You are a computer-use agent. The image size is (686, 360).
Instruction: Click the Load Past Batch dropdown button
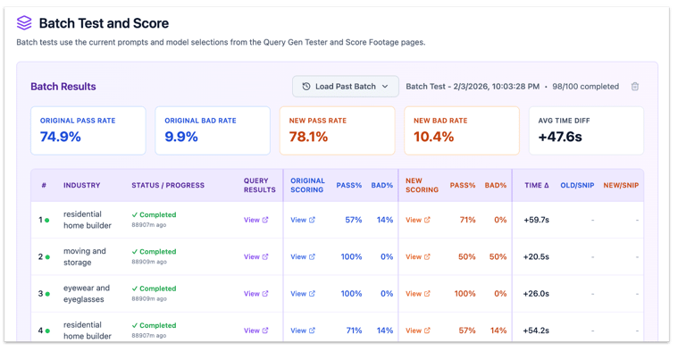tap(345, 86)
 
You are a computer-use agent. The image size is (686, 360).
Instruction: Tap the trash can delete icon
tap(635, 87)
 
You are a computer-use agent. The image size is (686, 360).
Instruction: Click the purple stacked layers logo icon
tap(24, 22)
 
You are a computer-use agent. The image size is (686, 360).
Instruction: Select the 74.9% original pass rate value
tap(61, 137)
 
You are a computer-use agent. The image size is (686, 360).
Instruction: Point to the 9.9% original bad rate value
tap(181, 137)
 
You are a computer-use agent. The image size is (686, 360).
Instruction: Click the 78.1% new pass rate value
tap(308, 137)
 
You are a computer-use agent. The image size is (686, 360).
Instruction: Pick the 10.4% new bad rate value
tap(433, 137)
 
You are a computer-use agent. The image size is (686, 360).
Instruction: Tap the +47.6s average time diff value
tap(560, 137)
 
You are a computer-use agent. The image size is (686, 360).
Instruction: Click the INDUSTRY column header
tap(82, 185)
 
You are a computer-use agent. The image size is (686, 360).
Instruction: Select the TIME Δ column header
tap(536, 185)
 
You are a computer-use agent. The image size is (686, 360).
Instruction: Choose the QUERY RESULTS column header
tap(259, 185)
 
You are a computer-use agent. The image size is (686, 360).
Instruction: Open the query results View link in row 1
tap(256, 220)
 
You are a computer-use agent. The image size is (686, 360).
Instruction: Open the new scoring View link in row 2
tap(418, 256)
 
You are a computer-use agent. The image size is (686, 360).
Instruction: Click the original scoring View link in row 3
tap(303, 294)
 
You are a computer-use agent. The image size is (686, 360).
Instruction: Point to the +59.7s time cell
tap(536, 220)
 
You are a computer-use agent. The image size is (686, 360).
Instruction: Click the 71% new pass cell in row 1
tap(467, 220)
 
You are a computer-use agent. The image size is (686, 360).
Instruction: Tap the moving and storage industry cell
tap(85, 256)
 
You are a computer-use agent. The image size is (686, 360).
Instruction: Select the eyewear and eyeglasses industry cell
tap(87, 294)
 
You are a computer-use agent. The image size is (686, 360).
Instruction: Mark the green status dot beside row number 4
tap(47, 331)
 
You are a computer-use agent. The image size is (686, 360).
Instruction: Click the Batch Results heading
tap(63, 86)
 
